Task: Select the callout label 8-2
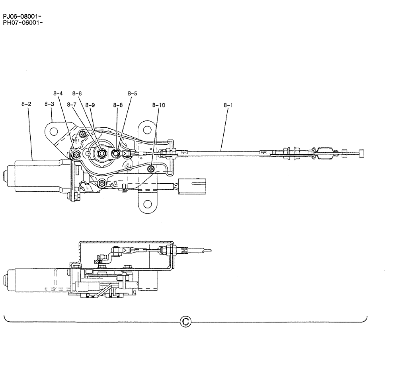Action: pos(27,104)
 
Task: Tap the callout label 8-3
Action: pos(49,104)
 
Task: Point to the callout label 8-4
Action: pos(58,93)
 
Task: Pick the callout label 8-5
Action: pos(133,93)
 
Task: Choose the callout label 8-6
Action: pos(77,93)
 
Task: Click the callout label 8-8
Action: pos(118,105)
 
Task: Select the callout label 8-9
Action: pos(90,105)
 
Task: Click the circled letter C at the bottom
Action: pos(185,321)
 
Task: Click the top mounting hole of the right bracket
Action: pos(147,130)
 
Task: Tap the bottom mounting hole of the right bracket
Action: pos(148,204)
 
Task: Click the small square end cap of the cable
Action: pos(362,152)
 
